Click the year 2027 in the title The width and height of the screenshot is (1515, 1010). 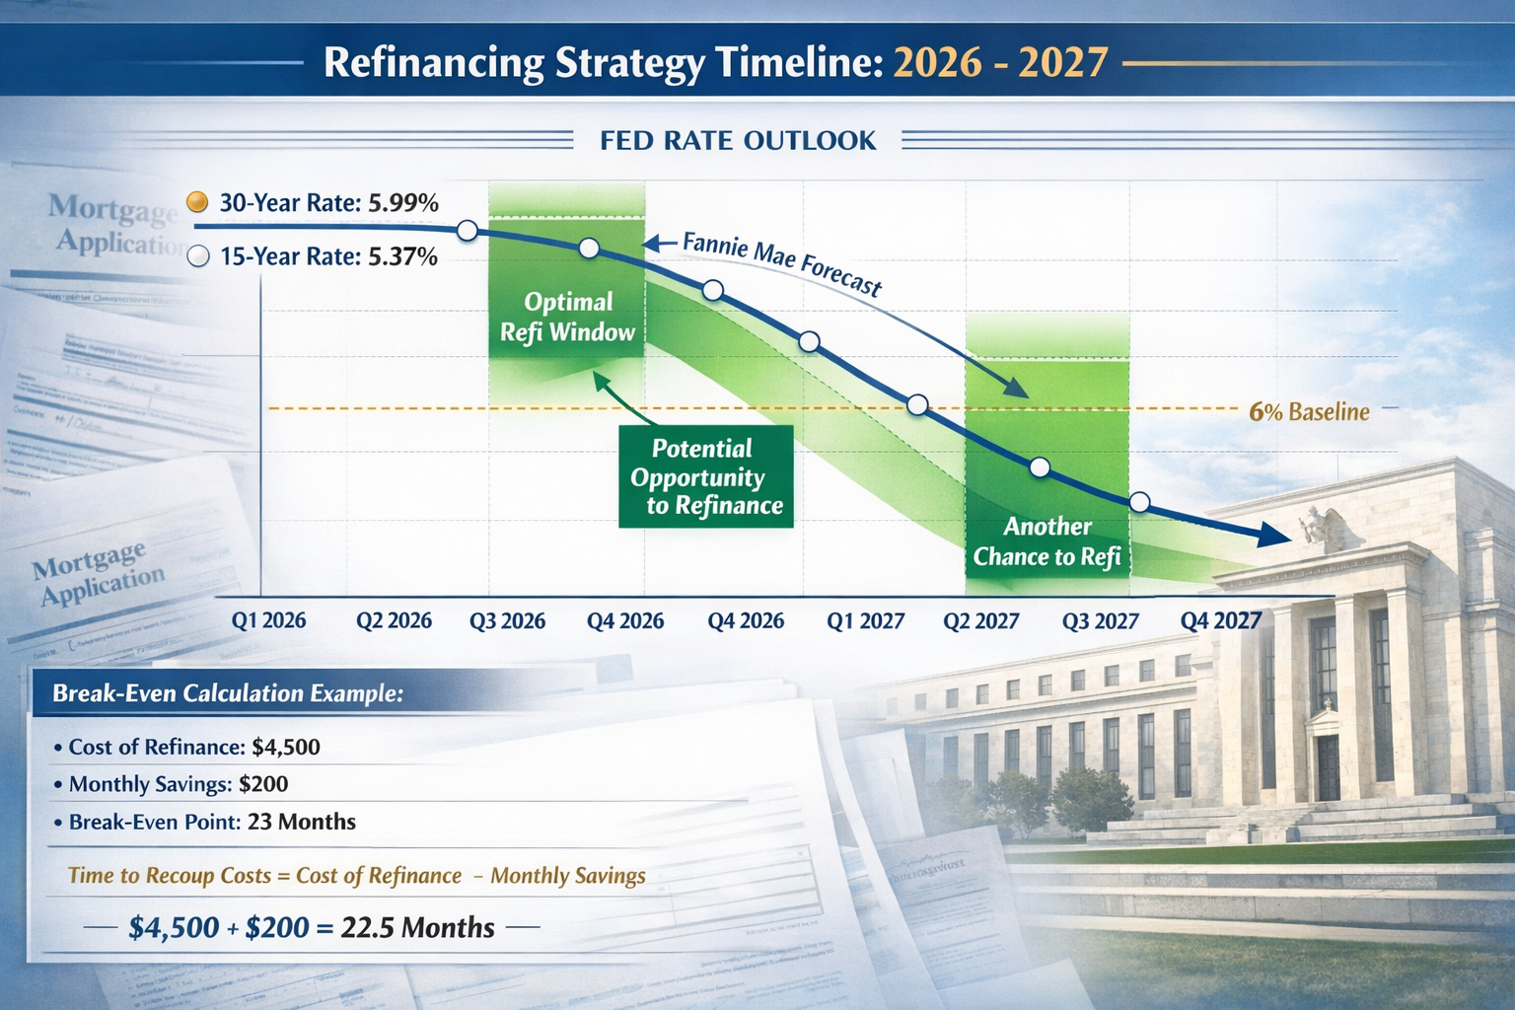point(1063,62)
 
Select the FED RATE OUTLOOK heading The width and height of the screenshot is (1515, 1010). point(738,141)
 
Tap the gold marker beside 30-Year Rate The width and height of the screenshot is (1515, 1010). point(197,202)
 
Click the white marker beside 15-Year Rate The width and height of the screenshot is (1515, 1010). point(198,256)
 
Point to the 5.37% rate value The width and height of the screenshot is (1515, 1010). point(402,256)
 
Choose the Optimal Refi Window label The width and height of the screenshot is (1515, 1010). point(567,317)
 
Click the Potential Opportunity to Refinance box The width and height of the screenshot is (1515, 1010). point(705,477)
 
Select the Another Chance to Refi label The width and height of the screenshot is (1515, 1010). point(1046,541)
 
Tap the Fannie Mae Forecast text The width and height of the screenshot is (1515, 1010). point(781,262)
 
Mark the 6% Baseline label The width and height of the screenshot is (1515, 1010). point(1309,411)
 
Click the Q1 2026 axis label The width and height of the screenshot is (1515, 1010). point(268,620)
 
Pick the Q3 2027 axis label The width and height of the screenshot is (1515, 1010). point(1100,621)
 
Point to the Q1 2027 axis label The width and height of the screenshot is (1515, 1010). point(865,621)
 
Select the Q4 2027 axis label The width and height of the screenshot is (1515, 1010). point(1221,620)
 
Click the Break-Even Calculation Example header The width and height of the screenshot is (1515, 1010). point(228,693)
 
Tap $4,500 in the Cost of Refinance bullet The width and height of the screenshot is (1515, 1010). point(286,747)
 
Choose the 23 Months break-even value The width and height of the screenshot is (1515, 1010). point(301,822)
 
